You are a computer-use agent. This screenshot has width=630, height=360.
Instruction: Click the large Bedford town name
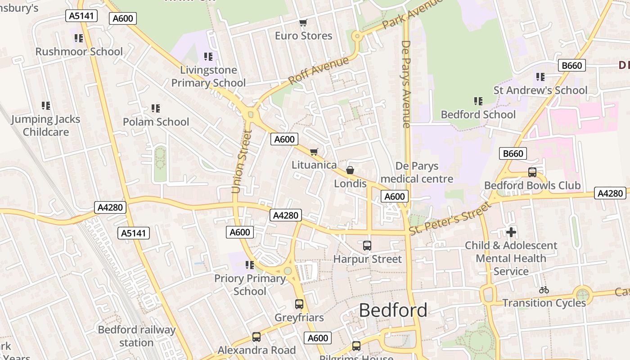click(x=393, y=310)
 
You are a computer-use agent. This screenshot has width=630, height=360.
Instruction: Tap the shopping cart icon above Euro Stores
click(x=303, y=22)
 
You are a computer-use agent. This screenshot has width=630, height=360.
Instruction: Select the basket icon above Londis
click(x=350, y=170)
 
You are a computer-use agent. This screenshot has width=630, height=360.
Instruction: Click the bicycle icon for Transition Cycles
click(x=544, y=290)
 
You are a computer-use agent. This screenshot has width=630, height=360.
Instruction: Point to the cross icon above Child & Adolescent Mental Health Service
click(x=511, y=232)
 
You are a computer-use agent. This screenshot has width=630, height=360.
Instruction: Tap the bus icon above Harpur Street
click(x=367, y=246)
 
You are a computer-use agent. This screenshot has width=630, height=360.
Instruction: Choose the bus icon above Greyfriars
click(x=299, y=304)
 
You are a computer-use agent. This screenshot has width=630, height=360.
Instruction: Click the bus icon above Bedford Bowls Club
click(x=532, y=172)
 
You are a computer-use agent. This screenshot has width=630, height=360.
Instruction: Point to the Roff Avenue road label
click(x=318, y=70)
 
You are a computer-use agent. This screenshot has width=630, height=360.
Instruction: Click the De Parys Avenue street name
click(x=406, y=84)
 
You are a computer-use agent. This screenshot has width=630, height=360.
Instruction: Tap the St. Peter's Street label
click(x=450, y=218)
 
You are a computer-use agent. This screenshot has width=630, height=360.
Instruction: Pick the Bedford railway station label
click(x=136, y=336)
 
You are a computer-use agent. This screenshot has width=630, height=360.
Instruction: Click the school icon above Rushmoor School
click(x=79, y=38)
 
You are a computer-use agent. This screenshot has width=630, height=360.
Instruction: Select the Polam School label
click(x=156, y=122)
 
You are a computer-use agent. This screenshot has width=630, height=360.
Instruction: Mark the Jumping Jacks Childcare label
click(x=46, y=126)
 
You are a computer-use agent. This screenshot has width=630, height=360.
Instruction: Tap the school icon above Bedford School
click(x=478, y=101)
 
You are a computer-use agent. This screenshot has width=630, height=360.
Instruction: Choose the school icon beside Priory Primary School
click(x=249, y=265)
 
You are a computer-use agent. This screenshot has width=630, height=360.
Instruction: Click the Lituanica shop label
click(x=314, y=165)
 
